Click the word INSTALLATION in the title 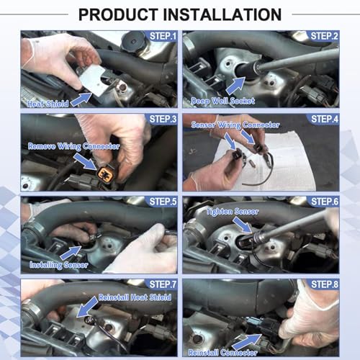(222, 14)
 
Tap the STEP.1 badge (163, 36)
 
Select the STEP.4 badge (325, 119)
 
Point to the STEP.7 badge (163, 284)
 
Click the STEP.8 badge (325, 284)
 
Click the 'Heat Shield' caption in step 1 (48, 104)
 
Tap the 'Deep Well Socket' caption (222, 101)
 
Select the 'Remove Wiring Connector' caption (73, 146)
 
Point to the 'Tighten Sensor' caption (233, 212)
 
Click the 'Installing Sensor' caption (59, 265)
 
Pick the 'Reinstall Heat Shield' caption (135, 297)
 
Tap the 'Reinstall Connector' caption (222, 353)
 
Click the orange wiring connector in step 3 (105, 173)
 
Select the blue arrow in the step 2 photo (235, 86)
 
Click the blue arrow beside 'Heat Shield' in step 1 (81, 99)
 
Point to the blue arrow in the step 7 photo (87, 307)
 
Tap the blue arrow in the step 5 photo (71, 253)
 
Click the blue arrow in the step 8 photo (247, 342)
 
